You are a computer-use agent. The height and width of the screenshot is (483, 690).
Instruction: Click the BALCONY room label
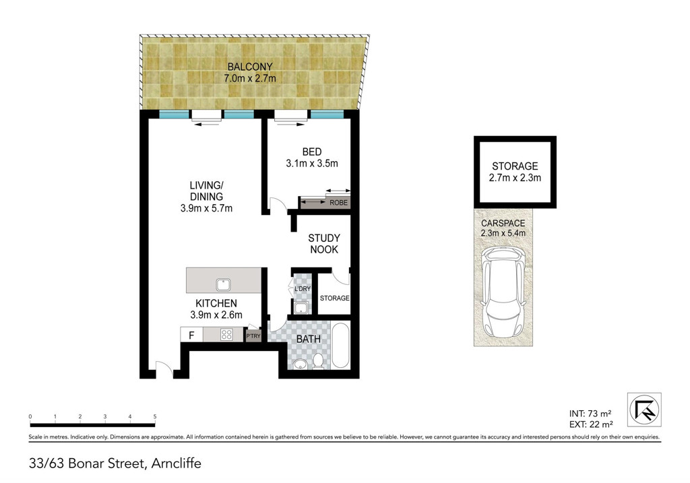[x=250, y=67]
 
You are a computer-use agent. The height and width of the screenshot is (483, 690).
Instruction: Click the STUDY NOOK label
[x=323, y=243]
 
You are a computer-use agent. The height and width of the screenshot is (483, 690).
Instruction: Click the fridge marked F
[x=191, y=335]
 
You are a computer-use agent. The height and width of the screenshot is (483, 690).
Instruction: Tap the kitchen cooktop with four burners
[x=228, y=334]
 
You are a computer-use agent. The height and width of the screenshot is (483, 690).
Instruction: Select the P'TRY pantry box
[x=253, y=335]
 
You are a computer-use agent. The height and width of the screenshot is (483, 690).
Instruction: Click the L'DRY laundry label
[x=301, y=289]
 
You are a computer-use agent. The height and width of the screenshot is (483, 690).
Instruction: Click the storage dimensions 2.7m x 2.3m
[x=515, y=178]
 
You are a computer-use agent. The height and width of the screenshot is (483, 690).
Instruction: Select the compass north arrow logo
[x=644, y=410]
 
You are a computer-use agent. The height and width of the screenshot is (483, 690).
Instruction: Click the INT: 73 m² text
[x=590, y=413]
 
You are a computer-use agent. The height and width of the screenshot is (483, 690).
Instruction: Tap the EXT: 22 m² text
[x=590, y=424]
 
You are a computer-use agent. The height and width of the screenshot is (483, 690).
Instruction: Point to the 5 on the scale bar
[x=155, y=417]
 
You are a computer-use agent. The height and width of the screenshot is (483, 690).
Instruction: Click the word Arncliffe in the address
[x=177, y=463]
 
